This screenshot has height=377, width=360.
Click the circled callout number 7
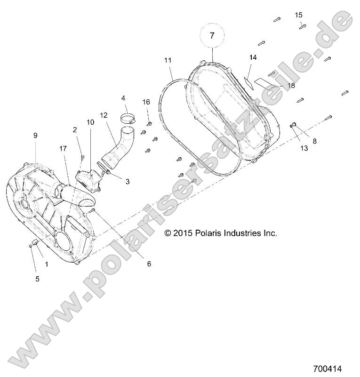pyautogui.click(x=212, y=35)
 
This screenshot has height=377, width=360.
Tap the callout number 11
pyautogui.click(x=168, y=60)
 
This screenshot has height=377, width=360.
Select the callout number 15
pyautogui.click(x=299, y=15)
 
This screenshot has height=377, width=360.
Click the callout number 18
pyautogui.click(x=291, y=85)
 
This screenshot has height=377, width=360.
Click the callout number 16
pyautogui.click(x=146, y=102)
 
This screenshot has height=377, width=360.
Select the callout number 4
pyautogui.click(x=123, y=98)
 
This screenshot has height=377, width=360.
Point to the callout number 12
pyautogui.click(x=104, y=114)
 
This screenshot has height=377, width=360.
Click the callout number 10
pyautogui.click(x=90, y=122)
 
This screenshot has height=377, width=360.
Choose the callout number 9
pyautogui.click(x=35, y=135)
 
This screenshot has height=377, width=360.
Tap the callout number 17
pyautogui.click(x=63, y=148)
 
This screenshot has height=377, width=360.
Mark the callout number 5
pyautogui.click(x=37, y=279)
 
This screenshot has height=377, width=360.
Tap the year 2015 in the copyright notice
pyautogui.click(x=182, y=233)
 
